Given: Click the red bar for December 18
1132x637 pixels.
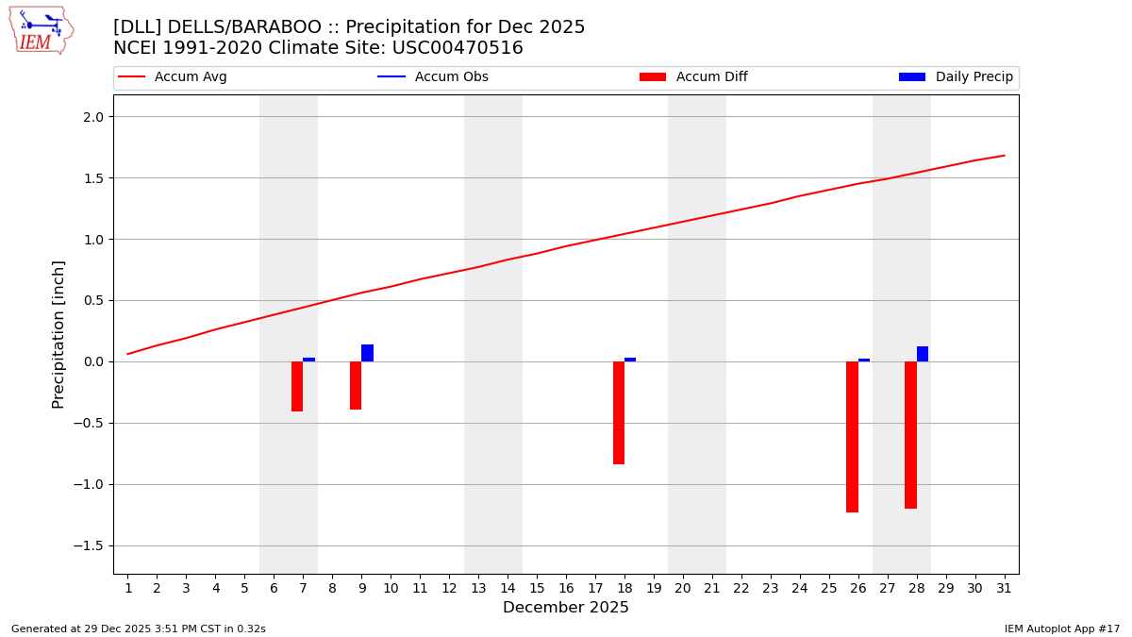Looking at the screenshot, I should pyautogui.click(x=619, y=412).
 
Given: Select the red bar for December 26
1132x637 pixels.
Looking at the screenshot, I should pyautogui.click(x=852, y=437).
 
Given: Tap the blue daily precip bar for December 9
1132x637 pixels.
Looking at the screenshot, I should pyautogui.click(x=367, y=353).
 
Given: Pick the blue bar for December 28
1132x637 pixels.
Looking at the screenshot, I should pyautogui.click(x=923, y=354).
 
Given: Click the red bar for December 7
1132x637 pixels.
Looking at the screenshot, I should pyautogui.click(x=297, y=386).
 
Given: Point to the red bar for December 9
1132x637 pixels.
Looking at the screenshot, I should pyautogui.click(x=356, y=385).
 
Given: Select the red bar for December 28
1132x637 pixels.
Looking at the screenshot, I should pyautogui.click(x=910, y=435).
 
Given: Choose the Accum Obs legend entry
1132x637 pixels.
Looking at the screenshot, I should pyautogui.click(x=451, y=77).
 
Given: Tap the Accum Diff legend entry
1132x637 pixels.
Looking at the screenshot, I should pyautogui.click(x=711, y=77).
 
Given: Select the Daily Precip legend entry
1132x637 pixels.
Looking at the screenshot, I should pyautogui.click(x=974, y=77).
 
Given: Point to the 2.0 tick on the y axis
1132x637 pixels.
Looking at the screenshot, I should pyautogui.click(x=99, y=117).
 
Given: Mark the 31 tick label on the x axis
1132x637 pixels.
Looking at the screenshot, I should pyautogui.click(x=1004, y=589).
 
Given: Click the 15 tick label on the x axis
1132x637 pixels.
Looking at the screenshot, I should pyautogui.click(x=537, y=589).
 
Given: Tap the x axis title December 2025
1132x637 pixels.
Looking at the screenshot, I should pyautogui.click(x=566, y=608).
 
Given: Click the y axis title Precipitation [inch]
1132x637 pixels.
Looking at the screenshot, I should pyautogui.click(x=58, y=334).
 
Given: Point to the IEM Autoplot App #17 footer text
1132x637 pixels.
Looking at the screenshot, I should pyautogui.click(x=1061, y=629).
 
